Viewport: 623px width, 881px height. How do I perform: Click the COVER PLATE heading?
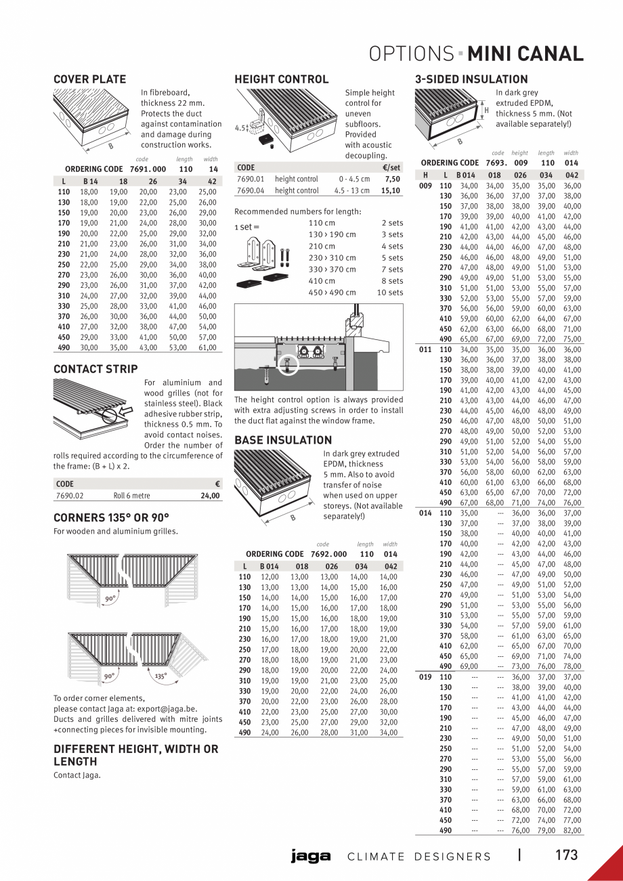coord(89,79)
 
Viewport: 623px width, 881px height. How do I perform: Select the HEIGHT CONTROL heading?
coord(281,79)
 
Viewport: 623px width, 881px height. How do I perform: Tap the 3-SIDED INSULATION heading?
coord(471,79)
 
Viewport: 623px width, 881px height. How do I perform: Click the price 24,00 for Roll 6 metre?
coord(210,496)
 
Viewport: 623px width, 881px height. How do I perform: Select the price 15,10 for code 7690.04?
coord(391,191)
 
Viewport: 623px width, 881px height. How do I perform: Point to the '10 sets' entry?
coord(390,293)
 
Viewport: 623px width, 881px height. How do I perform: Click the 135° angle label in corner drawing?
coord(160,676)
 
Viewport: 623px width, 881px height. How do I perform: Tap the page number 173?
coord(567,855)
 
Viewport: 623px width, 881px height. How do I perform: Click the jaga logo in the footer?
coord(311,857)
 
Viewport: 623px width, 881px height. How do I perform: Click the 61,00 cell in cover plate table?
coord(207,347)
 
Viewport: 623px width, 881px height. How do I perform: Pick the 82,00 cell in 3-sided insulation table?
coord(572,830)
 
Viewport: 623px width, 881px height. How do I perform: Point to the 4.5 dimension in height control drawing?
coord(240,127)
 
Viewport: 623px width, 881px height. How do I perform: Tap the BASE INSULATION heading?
coord(274,440)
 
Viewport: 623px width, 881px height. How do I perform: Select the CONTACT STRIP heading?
coord(95,369)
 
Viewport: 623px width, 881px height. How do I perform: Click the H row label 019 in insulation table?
coord(425,676)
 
